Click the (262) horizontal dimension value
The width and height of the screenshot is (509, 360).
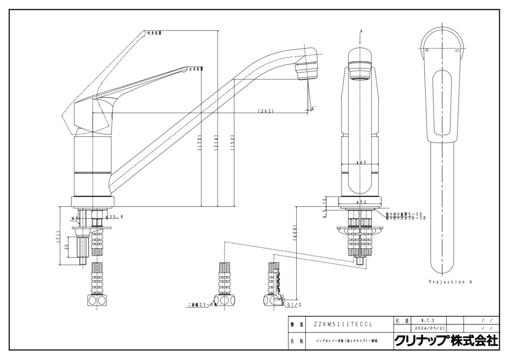tap(266, 111)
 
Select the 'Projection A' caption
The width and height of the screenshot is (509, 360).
tap(450, 282)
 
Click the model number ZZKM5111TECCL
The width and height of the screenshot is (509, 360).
tap(343, 324)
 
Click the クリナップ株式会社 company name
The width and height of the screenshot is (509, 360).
tap(446, 341)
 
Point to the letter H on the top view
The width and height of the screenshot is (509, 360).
tap(427, 50)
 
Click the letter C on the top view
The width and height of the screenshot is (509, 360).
tap(457, 51)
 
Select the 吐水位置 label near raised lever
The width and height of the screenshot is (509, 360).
tap(155, 33)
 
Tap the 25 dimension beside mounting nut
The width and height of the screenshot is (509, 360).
tap(66, 247)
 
